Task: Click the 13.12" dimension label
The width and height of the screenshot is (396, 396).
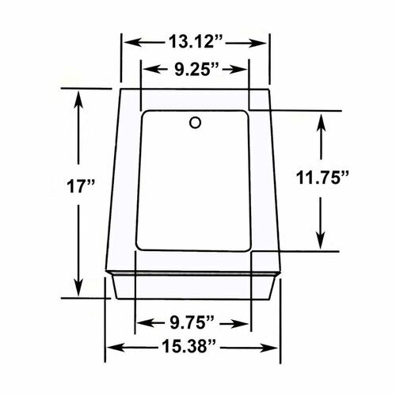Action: (x=196, y=42)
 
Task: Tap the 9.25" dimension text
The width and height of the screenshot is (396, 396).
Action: (x=196, y=70)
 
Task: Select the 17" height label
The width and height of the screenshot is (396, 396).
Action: (x=79, y=186)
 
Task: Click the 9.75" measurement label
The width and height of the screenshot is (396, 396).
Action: (x=192, y=322)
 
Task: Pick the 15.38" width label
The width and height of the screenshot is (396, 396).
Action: (x=188, y=346)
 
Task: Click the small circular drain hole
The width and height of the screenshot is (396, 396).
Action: (x=195, y=123)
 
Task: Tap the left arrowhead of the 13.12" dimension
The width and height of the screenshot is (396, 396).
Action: (x=133, y=42)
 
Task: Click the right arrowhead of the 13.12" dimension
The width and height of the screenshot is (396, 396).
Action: (x=258, y=43)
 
